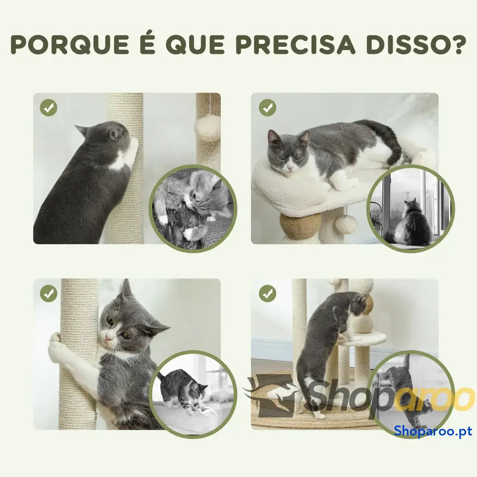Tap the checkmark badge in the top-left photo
49,107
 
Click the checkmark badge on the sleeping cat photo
268,107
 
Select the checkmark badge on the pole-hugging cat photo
49,293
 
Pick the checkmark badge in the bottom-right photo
268,293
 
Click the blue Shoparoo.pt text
433,431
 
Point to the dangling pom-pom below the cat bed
346,224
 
